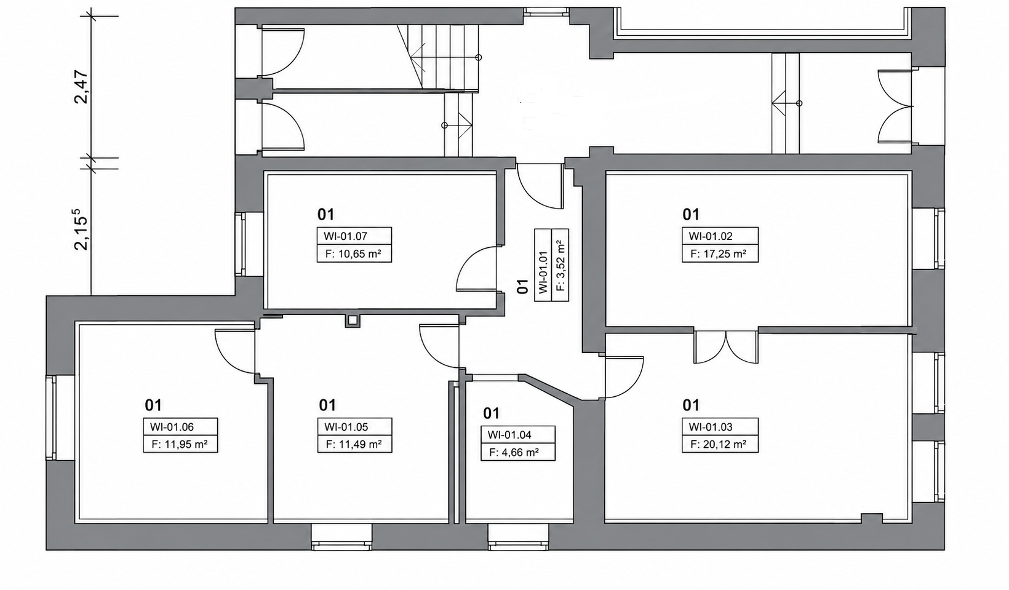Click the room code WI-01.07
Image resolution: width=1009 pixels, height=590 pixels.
[346, 236]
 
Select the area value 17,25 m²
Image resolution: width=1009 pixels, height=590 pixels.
[724, 254]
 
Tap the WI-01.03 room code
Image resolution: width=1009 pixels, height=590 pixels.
[711, 427]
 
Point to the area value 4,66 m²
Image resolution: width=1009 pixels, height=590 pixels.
[520, 452]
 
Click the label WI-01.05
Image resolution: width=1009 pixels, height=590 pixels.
[346, 427]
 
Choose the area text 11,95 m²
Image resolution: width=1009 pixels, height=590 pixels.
[186, 445]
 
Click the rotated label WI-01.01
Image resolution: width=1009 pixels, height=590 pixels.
[543, 272]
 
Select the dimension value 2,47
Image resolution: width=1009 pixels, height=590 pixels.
[82, 87]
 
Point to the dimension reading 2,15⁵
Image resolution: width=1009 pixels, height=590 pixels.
[79, 229]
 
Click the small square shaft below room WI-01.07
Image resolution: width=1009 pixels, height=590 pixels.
[353, 321]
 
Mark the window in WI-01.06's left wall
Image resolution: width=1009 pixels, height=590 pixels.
[51, 418]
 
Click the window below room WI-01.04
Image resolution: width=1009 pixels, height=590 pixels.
[519, 537]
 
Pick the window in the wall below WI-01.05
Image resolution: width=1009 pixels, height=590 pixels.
[342, 537]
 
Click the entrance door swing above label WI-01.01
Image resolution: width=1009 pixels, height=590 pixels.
[540, 186]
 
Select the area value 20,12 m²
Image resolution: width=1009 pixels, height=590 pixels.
[724, 445]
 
